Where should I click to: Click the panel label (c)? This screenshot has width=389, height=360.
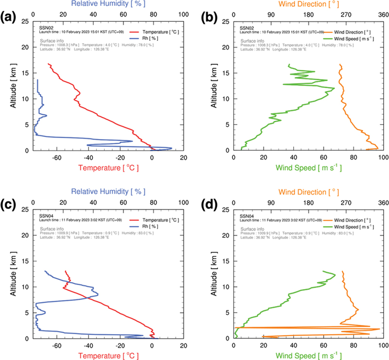[x=10, y=208]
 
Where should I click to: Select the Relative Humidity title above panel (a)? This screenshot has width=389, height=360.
[x=108, y=4]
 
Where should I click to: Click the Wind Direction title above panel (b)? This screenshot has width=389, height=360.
[x=307, y=4]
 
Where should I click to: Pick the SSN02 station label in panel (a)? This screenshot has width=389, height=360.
[x=46, y=28]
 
